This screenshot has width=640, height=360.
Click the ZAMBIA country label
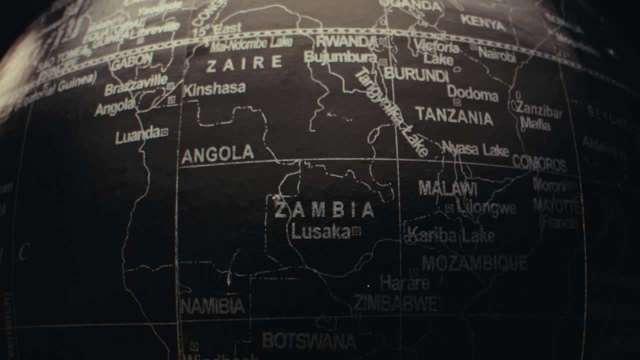[324, 210]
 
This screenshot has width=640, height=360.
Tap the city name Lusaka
[320, 231]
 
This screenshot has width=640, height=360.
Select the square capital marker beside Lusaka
[356, 230]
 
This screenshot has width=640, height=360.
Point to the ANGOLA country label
[217, 154]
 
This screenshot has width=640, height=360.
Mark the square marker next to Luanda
[164, 132]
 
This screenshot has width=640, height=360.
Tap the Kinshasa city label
[214, 89]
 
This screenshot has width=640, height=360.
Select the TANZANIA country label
[454, 115]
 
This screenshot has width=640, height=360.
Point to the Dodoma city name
[472, 93]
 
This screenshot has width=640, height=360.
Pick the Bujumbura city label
[340, 57]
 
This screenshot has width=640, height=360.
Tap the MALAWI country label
[447, 188]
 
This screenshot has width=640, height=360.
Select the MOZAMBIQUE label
[474, 263]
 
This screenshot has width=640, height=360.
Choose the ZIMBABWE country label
[396, 302]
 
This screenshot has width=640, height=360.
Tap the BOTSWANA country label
[309, 341]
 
